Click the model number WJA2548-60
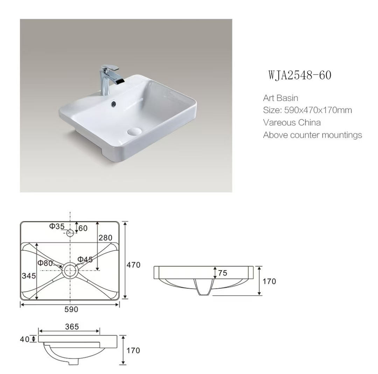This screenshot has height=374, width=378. [300, 75]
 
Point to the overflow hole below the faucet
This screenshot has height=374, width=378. [113, 104]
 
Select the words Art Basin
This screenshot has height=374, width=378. [281, 98]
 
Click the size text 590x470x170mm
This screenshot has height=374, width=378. [318, 110]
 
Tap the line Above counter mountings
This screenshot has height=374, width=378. [313, 135]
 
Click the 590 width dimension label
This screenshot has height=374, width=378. [71, 309]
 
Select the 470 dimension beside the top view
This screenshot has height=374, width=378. [133, 265]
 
